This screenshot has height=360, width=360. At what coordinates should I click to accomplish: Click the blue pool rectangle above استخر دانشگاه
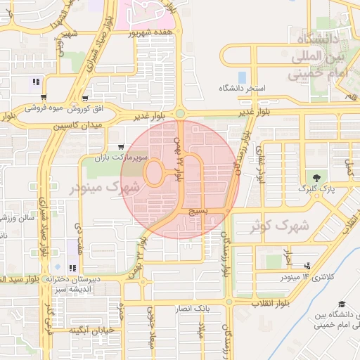point(242,77)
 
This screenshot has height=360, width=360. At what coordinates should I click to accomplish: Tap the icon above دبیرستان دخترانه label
point(72,268)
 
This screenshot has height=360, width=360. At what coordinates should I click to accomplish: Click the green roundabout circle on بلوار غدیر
point(180,112)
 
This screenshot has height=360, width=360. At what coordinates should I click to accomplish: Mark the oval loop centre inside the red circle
point(155,172)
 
